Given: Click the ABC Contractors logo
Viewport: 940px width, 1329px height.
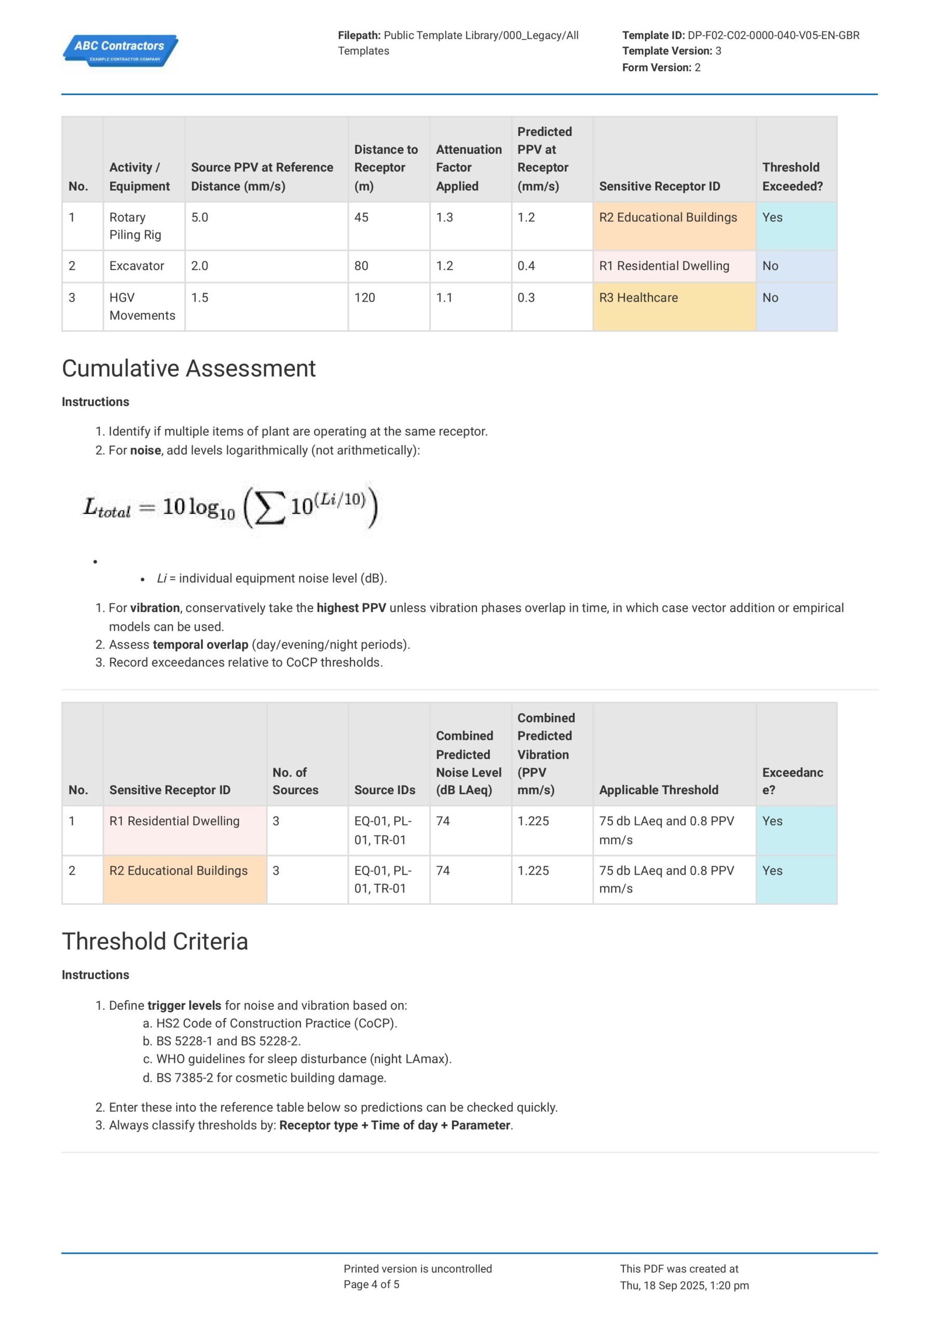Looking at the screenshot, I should coord(120,51).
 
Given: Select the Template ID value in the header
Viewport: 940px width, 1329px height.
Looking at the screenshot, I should coord(773,35).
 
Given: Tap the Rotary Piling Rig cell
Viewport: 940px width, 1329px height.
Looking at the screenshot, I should coord(135,226).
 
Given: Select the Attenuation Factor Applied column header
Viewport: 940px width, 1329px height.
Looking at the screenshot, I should coord(468,167).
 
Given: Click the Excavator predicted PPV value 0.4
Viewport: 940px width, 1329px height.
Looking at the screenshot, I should coord(526,266).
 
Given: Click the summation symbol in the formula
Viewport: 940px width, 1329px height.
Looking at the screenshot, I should coord(270,507).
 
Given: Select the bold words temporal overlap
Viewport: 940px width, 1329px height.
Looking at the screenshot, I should coord(200,644).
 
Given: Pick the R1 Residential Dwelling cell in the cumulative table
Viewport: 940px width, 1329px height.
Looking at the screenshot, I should coord(174,821).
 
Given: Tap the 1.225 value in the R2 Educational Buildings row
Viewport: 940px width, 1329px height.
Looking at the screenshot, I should coord(533,871).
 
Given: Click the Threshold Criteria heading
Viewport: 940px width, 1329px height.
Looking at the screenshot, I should coord(155,942).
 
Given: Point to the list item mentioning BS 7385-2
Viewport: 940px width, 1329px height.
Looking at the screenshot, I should coord(270,1078).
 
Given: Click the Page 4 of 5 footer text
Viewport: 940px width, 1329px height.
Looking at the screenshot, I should coord(371,1284).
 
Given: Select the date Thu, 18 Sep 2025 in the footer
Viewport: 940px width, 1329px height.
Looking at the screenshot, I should coord(662,1285).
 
